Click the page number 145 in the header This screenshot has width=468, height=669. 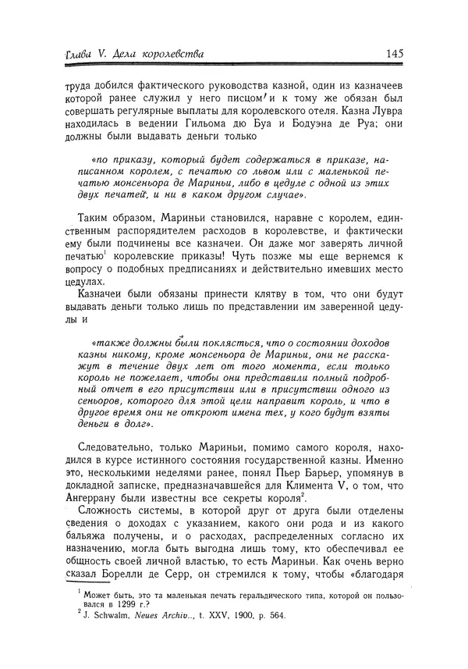coord(394,55)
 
